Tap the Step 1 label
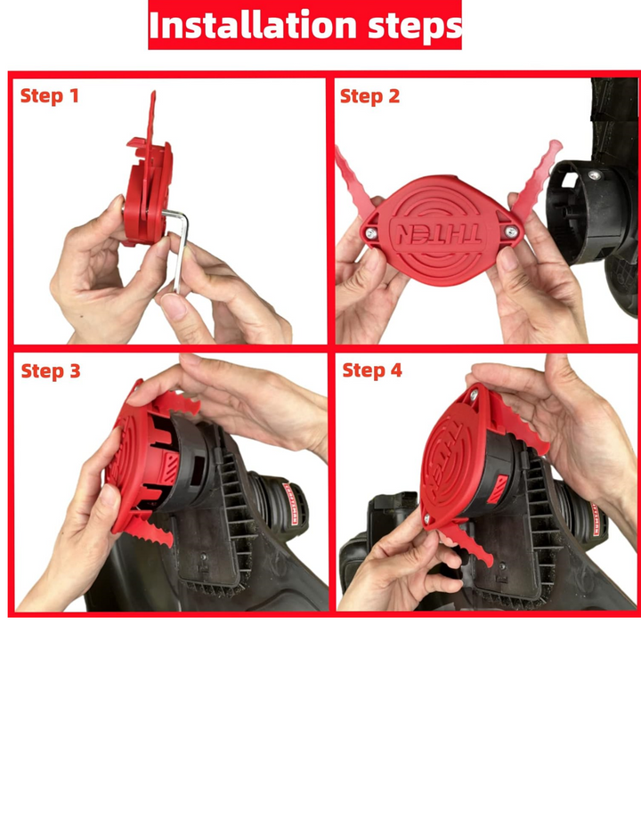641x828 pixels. [50, 96]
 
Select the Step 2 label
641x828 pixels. [369, 97]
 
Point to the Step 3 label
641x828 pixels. [51, 371]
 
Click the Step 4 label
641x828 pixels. [372, 370]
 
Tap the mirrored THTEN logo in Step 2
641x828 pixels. [437, 234]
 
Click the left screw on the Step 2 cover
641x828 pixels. [372, 233]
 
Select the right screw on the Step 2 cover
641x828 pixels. [510, 231]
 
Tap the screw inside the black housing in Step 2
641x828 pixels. [595, 175]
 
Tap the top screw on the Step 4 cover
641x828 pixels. [474, 394]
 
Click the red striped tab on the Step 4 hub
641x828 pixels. [498, 489]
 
